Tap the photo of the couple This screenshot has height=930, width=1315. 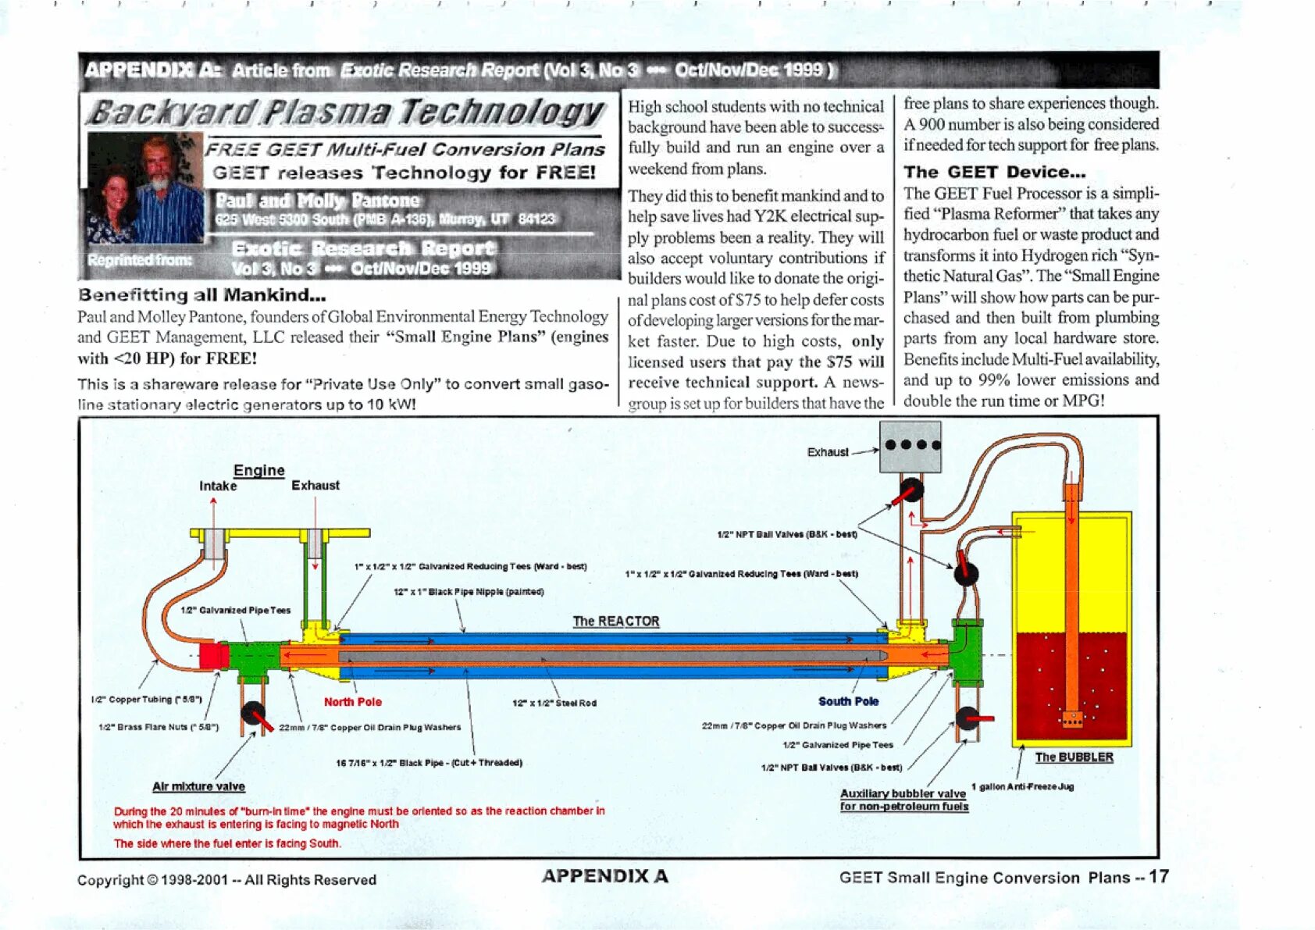click(145, 188)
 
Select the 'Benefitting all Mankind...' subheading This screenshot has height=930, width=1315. click(201, 295)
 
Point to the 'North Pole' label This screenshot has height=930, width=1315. click(352, 702)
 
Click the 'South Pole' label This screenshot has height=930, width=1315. click(848, 701)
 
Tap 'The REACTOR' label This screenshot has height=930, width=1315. click(615, 622)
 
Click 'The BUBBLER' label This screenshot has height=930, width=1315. click(1074, 757)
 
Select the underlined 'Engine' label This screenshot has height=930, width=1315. click(258, 470)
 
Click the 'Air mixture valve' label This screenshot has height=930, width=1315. click(198, 786)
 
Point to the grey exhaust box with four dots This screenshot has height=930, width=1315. click(910, 447)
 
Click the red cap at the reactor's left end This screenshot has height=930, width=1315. click(213, 655)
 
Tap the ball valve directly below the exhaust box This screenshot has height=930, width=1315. click(911, 491)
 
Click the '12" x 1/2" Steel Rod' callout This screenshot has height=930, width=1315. click(554, 703)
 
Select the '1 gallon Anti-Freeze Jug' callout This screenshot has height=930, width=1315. click(1022, 786)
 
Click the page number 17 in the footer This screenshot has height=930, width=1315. click(1159, 876)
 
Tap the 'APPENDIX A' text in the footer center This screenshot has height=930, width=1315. click(604, 876)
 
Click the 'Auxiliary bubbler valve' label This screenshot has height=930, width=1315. click(903, 794)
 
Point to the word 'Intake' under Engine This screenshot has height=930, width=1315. click(218, 486)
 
